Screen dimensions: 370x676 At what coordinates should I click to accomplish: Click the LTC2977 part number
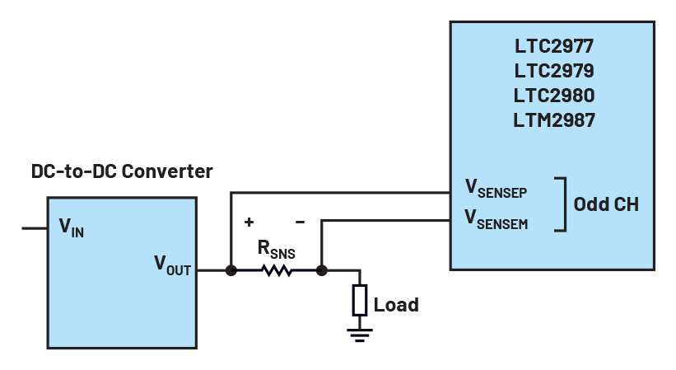(x=553, y=46)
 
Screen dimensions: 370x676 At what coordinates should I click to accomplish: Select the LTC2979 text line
(x=553, y=71)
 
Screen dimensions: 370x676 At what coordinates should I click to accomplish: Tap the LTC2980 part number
(x=553, y=96)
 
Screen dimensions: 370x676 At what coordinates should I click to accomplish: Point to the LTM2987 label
(x=553, y=120)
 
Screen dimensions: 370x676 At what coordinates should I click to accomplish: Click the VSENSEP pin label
(x=496, y=190)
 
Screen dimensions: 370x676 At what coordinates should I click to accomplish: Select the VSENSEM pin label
(x=496, y=219)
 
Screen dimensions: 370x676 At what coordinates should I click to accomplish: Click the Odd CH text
(x=606, y=204)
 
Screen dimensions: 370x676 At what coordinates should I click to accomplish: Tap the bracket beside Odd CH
(x=562, y=204)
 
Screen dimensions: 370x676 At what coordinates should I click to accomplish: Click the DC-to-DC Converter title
(x=122, y=171)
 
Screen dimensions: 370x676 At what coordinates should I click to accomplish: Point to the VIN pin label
(x=72, y=228)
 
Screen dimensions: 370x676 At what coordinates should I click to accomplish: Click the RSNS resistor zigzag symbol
(x=277, y=269)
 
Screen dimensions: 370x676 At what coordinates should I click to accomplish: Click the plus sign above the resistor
(x=249, y=222)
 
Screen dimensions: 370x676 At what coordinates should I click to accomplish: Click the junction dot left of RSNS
(x=231, y=269)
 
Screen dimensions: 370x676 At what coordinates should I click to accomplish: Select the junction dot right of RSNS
(x=322, y=269)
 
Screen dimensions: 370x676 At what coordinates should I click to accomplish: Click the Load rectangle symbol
(x=360, y=300)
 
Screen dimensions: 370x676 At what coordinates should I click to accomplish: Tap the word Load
(x=396, y=304)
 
